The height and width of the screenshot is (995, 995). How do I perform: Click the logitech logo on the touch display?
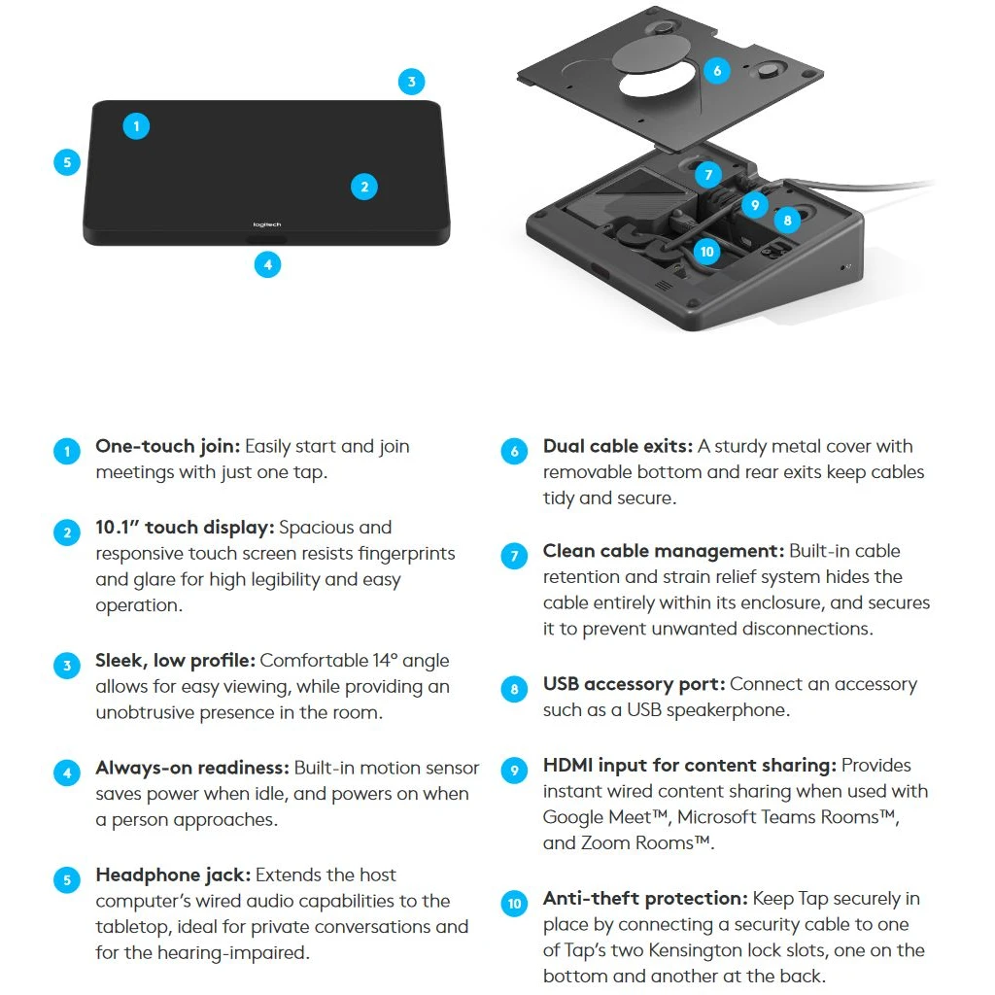click(266, 224)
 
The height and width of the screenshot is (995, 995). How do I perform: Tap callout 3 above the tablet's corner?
click(411, 82)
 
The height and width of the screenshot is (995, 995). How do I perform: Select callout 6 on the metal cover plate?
click(717, 70)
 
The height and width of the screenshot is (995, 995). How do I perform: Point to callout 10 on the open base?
click(707, 252)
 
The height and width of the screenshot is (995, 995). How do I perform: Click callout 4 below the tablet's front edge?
click(268, 264)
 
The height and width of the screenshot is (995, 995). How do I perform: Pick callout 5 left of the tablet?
click(67, 162)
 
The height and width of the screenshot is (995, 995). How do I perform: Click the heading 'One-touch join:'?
click(167, 447)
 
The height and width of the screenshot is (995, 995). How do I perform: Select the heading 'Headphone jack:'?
click(173, 875)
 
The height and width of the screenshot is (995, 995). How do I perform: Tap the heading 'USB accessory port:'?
click(634, 684)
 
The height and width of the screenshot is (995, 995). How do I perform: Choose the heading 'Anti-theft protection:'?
click(645, 899)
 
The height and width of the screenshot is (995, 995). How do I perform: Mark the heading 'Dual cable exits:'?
click(617, 446)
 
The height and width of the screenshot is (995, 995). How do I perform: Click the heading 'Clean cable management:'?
click(664, 551)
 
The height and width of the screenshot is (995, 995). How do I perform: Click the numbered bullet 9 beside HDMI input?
click(514, 771)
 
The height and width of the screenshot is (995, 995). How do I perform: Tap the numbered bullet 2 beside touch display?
click(67, 532)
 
